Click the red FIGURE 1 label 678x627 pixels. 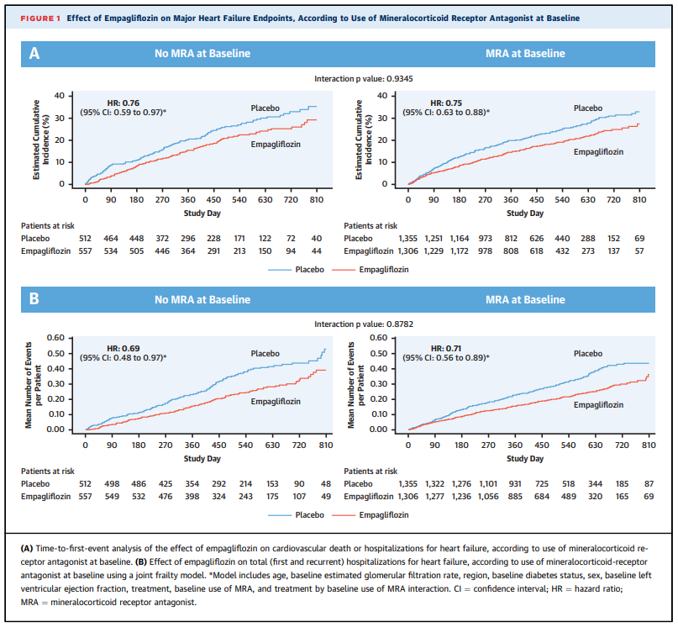tap(40, 18)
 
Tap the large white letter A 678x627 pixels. tap(34, 53)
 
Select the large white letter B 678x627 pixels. tap(34, 298)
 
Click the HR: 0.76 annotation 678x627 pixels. tap(124, 103)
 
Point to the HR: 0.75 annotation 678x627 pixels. tap(446, 103)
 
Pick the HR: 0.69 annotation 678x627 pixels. tap(124, 348)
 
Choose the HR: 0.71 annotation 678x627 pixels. tap(446, 348)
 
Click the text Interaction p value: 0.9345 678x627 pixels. tap(363, 79)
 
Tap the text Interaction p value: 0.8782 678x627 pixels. tap(363, 324)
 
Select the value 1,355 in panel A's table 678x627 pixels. tap(407, 239)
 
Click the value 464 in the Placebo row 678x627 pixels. tap(111, 239)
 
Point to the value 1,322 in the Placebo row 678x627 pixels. tap(434, 484)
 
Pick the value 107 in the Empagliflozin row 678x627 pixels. tap(299, 497)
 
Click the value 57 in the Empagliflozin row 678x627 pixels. tap(639, 251)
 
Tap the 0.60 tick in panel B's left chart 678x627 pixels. tap(55, 338)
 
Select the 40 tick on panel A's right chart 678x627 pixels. tap(381, 96)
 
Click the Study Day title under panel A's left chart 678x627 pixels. tap(202, 213)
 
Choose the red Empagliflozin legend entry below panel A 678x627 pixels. tap(371, 270)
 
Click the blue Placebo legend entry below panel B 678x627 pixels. tap(297, 515)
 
